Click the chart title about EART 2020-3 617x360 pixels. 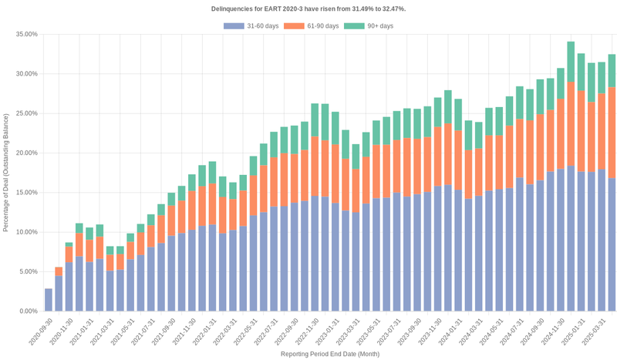(x=308, y=8)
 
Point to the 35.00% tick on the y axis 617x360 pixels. (x=25, y=35)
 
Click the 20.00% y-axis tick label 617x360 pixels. (x=25, y=153)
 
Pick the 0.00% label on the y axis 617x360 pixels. (x=28, y=311)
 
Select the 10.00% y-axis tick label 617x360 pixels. (x=25, y=232)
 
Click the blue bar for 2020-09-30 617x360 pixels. (x=49, y=300)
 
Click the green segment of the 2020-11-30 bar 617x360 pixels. (x=69, y=244)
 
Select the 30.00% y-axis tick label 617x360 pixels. (x=25, y=74)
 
